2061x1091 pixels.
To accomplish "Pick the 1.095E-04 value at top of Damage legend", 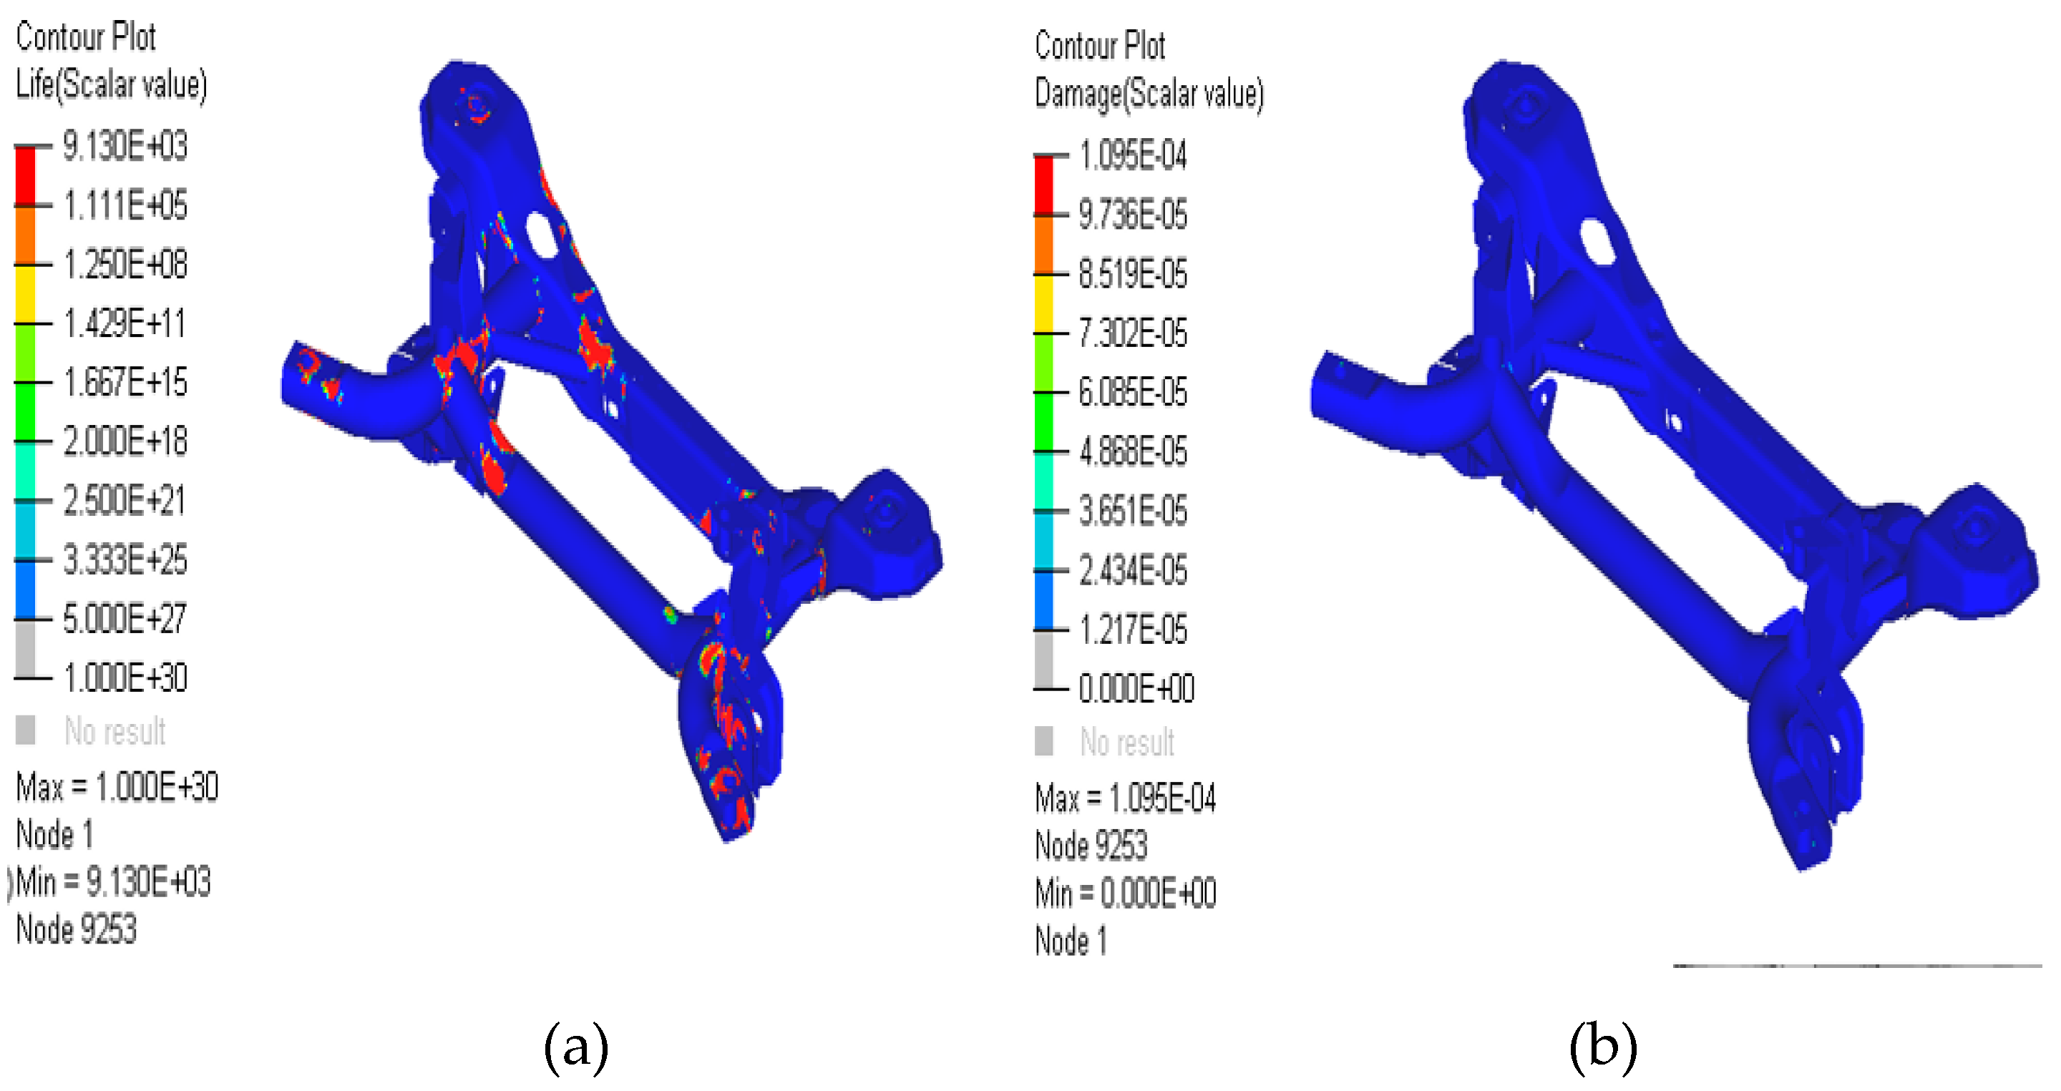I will coord(1133,155).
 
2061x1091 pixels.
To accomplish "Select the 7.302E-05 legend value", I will coord(1133,333).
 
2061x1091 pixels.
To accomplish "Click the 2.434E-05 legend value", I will coord(1133,570).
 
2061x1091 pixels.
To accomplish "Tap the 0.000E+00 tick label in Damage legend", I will coord(1136,689).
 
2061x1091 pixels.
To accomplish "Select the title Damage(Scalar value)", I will coord(1149,94).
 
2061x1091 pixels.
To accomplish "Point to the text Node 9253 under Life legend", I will coord(77,929).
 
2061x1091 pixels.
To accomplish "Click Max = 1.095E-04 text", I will coord(1125,798).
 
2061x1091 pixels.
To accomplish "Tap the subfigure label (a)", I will coord(576,1046).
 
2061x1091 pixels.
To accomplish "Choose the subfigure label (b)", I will coord(1602,1046).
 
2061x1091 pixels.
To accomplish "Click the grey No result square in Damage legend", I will coord(1043,740).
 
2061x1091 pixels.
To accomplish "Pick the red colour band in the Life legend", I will coord(26,176).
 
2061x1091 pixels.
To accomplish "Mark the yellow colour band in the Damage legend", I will coord(1043,304).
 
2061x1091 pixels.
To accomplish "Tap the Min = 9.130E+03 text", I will coord(113,882).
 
